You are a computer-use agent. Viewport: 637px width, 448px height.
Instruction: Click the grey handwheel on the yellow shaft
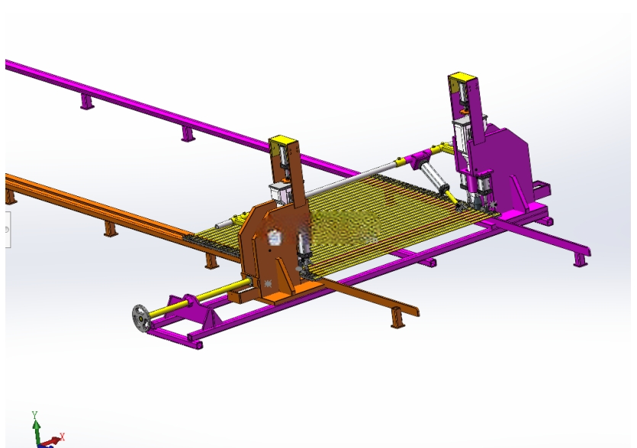tap(141, 318)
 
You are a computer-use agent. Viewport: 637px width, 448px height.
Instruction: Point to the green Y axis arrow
tap(37, 431)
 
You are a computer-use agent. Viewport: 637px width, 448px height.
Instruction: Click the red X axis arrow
tap(52, 441)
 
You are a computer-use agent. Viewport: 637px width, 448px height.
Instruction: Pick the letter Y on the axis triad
tap(34, 414)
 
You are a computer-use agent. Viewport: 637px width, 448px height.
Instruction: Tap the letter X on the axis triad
tap(63, 437)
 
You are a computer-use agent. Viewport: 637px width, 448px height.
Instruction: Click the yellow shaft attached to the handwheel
tap(199, 300)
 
